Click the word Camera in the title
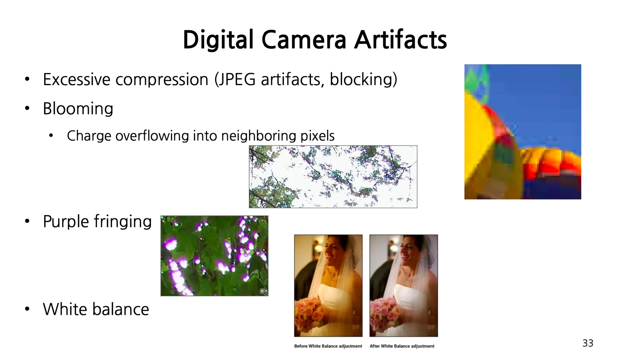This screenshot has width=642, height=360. click(x=304, y=40)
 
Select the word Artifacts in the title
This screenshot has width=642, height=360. click(x=401, y=40)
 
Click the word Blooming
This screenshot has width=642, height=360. click(x=78, y=109)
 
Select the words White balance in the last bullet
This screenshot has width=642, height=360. click(x=96, y=309)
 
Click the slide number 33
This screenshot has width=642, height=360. click(x=588, y=343)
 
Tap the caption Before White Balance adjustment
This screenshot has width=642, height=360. click(x=328, y=346)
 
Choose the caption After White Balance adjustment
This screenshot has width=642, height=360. click(x=402, y=346)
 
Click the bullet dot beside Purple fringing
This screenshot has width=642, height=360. click(x=27, y=221)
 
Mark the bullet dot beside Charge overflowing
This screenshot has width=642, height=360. click(x=51, y=136)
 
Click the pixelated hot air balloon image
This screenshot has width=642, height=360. click(x=523, y=132)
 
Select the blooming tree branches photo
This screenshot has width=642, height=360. click(x=333, y=176)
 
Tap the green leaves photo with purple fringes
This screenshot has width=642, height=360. click(x=214, y=256)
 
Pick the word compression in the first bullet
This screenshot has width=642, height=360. click(x=162, y=80)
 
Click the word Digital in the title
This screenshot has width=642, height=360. click(x=218, y=40)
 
